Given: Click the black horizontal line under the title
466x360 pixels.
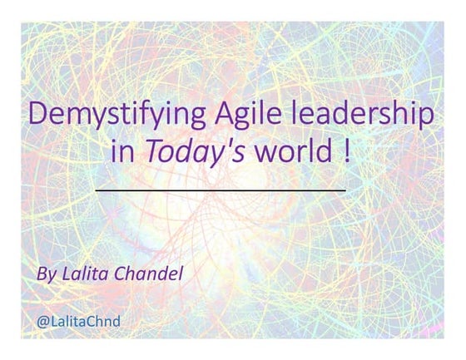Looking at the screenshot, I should (x=221, y=190).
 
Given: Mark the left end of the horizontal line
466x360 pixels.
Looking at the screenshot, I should (x=97, y=190).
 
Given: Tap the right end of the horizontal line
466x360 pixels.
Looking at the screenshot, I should (x=345, y=190).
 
